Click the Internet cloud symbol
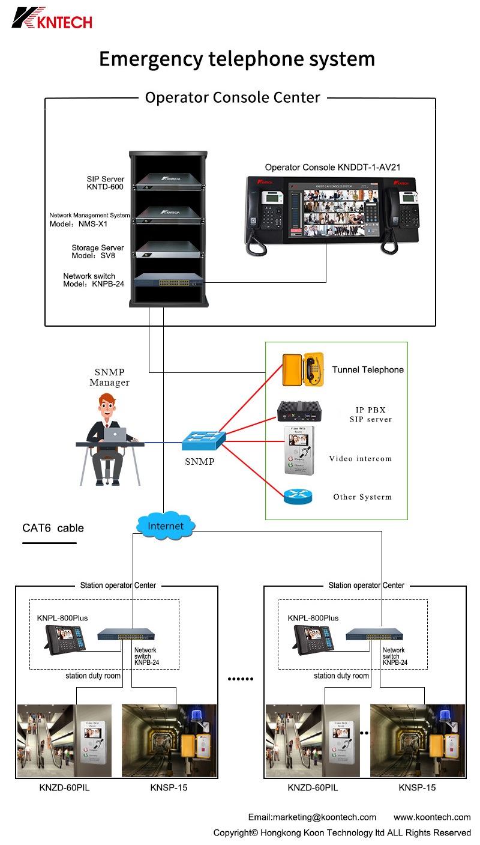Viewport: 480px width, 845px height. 166,525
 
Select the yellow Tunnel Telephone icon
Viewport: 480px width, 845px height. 303,369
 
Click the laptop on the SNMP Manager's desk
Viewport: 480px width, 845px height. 115,434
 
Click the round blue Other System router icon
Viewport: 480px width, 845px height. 299,497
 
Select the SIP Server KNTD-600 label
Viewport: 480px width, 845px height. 105,183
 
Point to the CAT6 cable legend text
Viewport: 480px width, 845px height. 53,529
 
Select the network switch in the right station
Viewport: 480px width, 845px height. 374,634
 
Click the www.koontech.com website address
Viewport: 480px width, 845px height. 432,817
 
